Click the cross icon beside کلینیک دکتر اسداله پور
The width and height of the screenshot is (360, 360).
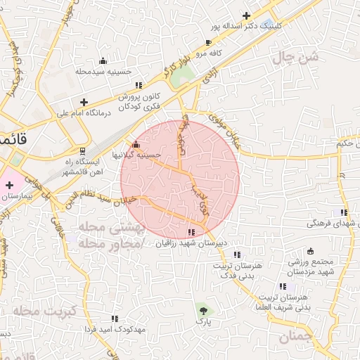click(x=246, y=15)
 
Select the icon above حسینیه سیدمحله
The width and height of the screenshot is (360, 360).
click(x=103, y=60)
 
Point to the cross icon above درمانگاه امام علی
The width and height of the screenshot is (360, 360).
click(x=84, y=101)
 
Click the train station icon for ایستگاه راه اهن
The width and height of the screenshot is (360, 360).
click(x=83, y=151)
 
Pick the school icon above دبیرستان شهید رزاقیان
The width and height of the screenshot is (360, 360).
click(x=191, y=232)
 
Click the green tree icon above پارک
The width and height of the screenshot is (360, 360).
click(x=204, y=309)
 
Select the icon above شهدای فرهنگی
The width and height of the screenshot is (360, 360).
click(x=343, y=212)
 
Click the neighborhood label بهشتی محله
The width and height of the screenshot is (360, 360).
click(x=105, y=229)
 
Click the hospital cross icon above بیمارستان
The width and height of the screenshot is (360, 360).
click(x=8, y=184)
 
